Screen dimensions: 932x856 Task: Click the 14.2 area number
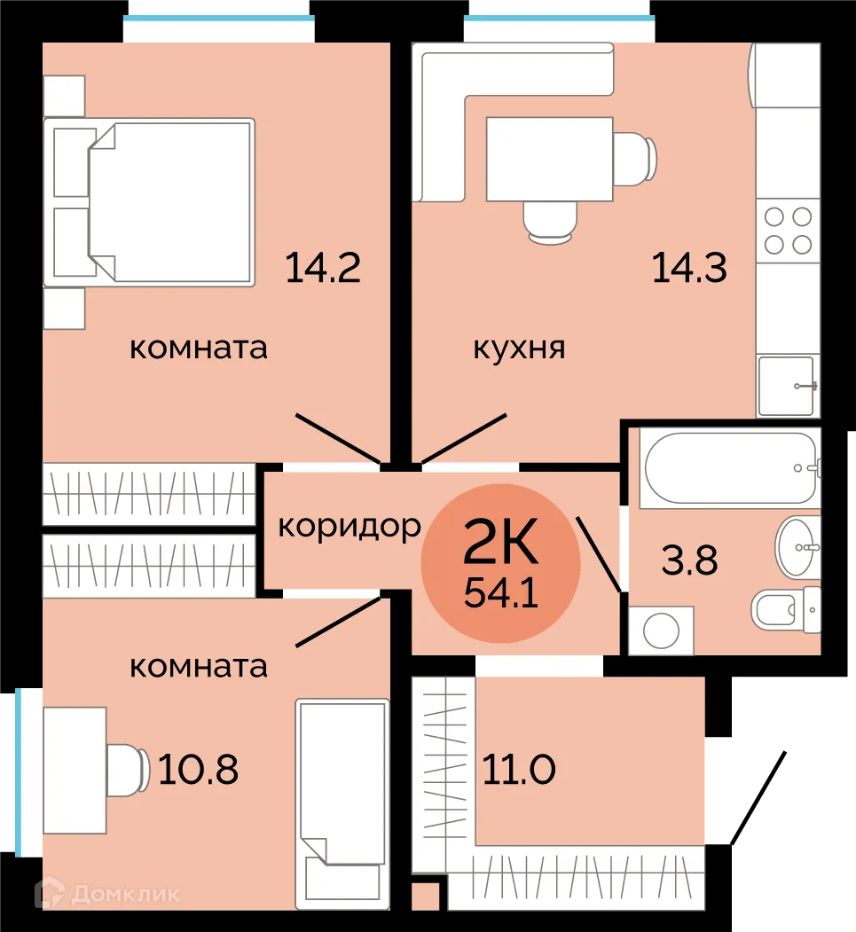[x=323, y=267]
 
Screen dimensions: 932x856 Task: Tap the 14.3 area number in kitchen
[x=689, y=267]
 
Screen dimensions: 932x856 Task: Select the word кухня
[x=519, y=348]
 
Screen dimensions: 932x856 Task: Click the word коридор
[x=349, y=526]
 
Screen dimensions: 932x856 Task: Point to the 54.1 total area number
[x=501, y=593]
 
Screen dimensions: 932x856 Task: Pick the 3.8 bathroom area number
[x=690, y=560]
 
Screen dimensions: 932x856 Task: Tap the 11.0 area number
[x=519, y=770]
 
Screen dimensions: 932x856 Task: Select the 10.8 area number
[x=198, y=770]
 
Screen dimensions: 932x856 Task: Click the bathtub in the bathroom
[x=729, y=468]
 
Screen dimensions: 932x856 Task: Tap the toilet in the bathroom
[x=786, y=608]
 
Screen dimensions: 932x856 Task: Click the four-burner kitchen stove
[x=788, y=230]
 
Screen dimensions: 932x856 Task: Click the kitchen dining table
[x=549, y=159]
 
